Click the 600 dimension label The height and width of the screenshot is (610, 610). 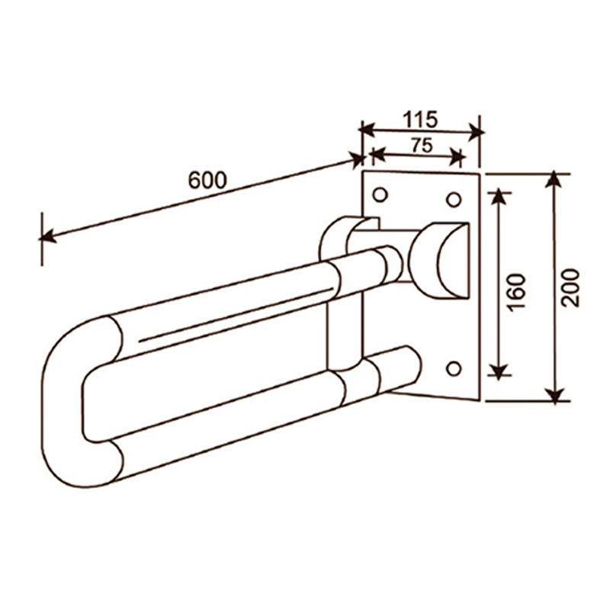pos(207,180)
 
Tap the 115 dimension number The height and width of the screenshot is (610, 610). pos(420,120)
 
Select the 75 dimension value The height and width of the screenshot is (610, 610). pos(422,146)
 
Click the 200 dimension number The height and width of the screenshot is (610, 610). pos(570,288)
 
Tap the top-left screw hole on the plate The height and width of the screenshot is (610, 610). pos(380,194)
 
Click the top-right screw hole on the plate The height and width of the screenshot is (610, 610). pos(453,200)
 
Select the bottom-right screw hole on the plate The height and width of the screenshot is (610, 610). pos(454,368)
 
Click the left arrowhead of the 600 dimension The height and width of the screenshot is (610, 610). pos(48,236)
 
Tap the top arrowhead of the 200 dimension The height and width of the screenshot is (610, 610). pos(555,181)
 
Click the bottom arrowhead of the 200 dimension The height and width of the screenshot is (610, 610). pos(557,394)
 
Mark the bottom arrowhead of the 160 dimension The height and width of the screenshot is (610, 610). pos(499,371)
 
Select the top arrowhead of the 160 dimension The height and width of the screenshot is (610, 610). pos(499,197)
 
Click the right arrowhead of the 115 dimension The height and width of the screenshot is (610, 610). pos(475,132)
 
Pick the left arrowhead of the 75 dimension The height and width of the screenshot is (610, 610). pos(377,154)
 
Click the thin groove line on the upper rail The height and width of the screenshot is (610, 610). pos(236,315)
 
